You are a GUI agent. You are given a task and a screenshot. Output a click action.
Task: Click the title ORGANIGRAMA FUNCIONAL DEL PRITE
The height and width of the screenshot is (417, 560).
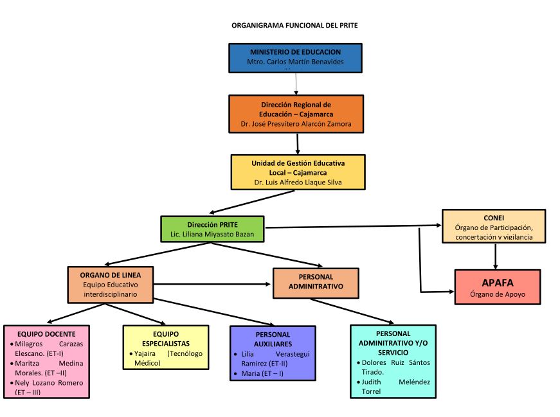[294, 26]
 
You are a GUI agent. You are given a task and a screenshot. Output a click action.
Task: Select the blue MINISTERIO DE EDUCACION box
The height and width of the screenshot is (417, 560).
[295, 57]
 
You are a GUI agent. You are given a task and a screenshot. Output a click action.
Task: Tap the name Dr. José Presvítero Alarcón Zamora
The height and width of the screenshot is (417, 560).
[296, 124]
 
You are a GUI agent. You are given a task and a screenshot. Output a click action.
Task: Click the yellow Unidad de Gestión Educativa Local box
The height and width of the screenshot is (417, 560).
[298, 172]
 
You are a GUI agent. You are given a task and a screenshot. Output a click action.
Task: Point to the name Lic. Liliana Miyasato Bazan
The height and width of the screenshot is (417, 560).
[212, 235]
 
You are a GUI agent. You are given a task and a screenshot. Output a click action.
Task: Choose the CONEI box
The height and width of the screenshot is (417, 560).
[493, 226]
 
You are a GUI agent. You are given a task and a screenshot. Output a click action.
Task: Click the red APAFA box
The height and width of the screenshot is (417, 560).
[497, 287]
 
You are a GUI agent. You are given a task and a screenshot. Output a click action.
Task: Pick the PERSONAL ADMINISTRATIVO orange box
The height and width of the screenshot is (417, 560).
[316, 283]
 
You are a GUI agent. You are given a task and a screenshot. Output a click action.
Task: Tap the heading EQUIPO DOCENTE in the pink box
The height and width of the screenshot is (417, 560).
[47, 333]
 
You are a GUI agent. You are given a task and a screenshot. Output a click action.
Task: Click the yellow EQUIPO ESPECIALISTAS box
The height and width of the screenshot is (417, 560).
[166, 348]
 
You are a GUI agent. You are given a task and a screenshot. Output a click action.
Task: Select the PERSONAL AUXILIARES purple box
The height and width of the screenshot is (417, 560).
[273, 353]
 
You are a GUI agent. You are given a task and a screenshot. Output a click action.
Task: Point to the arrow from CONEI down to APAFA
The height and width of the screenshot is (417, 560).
[495, 257]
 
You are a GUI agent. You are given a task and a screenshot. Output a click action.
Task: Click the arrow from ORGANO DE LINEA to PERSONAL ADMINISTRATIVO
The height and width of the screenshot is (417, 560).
[212, 284]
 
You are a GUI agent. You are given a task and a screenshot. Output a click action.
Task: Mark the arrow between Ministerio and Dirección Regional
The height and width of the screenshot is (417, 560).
[296, 84]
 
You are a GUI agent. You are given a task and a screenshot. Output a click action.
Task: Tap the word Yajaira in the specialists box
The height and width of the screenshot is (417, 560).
[145, 354]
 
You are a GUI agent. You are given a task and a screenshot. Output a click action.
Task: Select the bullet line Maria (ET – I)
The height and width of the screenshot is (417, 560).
[262, 373]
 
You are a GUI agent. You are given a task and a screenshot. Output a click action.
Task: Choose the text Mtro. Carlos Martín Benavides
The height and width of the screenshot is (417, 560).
[295, 62]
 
